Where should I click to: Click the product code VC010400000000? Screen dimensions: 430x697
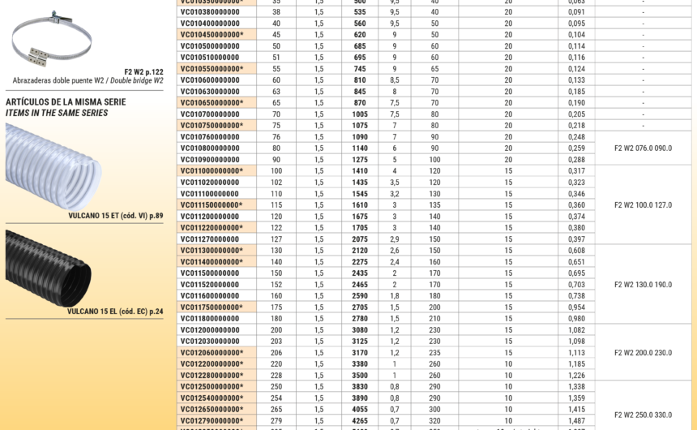(210, 24)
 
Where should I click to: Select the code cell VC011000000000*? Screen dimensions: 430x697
(212, 171)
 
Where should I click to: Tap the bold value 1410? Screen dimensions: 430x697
(360, 171)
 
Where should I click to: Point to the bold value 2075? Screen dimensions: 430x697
(360, 239)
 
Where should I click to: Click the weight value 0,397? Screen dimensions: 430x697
(576, 239)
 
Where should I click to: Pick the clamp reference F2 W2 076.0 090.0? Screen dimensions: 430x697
(643, 148)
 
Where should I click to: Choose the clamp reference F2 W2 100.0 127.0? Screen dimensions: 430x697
(643, 205)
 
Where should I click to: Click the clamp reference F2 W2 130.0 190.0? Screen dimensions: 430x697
(643, 285)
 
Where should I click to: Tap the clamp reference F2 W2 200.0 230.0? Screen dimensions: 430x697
(643, 353)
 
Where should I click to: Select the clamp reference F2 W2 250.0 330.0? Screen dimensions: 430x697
(643, 415)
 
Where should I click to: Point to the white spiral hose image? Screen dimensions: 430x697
(53, 166)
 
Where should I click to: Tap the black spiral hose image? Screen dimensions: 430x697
(49, 267)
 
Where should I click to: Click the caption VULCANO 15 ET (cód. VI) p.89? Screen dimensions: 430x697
(115, 216)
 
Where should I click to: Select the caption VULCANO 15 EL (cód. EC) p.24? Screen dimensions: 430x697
(115, 311)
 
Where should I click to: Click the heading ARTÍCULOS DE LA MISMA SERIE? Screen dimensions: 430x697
(66, 101)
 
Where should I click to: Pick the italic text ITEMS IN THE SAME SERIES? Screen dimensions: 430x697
(57, 113)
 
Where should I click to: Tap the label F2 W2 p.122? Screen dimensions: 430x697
(143, 71)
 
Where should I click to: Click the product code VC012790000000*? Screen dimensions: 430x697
(212, 421)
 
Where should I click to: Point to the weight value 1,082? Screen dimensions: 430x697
(576, 330)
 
